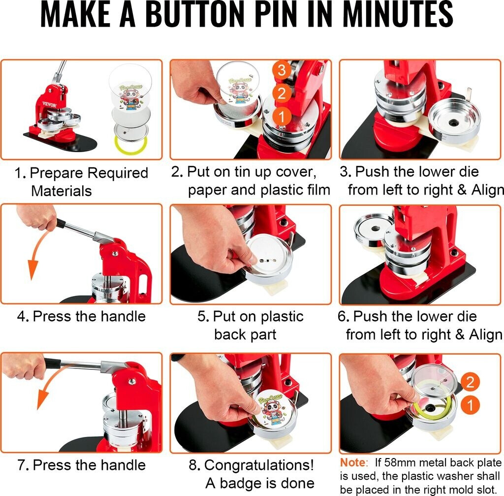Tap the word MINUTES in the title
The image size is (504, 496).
click(x=398, y=14)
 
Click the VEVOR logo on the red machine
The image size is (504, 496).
click(x=50, y=105)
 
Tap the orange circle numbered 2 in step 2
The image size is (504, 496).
click(x=282, y=94)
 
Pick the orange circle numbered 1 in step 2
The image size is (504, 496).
click(x=282, y=117)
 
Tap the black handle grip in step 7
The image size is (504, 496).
click(x=52, y=362)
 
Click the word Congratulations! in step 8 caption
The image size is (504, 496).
click(x=259, y=465)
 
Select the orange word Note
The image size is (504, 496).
click(x=353, y=463)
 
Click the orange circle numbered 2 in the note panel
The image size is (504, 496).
click(x=470, y=382)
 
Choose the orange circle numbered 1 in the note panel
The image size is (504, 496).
click(x=470, y=405)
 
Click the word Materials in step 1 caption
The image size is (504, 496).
click(x=62, y=191)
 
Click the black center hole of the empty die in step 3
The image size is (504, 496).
click(x=454, y=123)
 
